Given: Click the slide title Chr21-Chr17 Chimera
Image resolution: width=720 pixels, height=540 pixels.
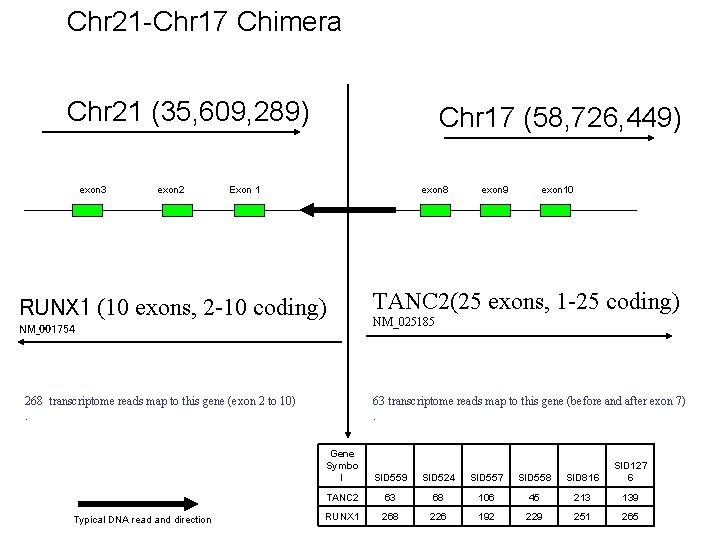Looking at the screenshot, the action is (204, 21).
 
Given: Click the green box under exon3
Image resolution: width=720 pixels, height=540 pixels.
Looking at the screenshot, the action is (87, 210).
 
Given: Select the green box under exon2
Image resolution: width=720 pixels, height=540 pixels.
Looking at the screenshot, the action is (177, 210).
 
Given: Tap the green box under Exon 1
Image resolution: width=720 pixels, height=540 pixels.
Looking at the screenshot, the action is (248, 210).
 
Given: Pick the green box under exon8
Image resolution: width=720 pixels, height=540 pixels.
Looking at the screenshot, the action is (435, 210).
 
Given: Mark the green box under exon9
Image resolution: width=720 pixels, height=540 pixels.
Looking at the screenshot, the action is (495, 210).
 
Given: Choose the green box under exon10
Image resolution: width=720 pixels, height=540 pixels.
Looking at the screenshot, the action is (556, 210).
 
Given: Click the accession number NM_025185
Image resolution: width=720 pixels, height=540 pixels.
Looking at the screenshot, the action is (405, 322).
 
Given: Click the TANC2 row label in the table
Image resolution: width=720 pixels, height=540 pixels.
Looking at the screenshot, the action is (342, 497).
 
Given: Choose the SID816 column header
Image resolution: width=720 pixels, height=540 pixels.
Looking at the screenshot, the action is (580, 478).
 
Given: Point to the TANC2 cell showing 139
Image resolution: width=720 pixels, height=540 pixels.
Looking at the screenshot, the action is (630, 497).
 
